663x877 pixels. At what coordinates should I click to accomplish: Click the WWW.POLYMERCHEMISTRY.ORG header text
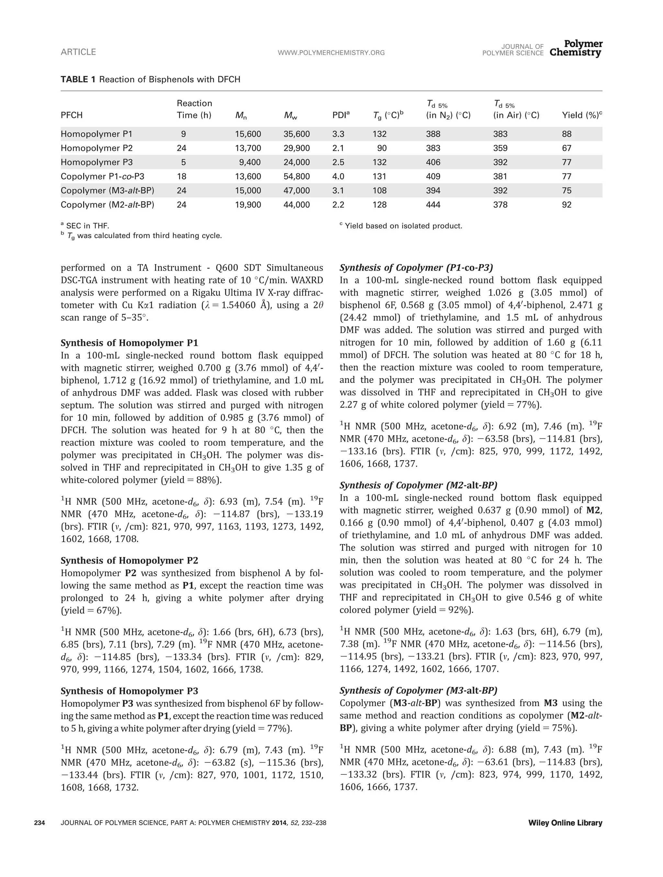[x=331, y=53]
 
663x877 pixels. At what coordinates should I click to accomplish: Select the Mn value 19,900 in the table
[x=248, y=205]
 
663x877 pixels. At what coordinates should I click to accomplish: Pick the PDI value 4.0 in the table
[x=338, y=176]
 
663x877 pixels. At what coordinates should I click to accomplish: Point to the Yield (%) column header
[x=582, y=116]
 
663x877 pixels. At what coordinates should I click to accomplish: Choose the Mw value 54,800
[x=297, y=176]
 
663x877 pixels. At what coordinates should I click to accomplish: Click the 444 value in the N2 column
[x=433, y=205]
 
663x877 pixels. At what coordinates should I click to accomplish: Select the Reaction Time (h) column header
[x=194, y=109]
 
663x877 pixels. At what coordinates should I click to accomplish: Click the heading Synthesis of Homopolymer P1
[x=129, y=343]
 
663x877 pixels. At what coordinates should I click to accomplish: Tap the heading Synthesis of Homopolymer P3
[x=129, y=691]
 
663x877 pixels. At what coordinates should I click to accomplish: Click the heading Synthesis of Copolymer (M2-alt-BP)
[x=418, y=485]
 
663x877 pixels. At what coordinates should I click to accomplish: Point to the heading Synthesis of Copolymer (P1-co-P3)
[x=416, y=268]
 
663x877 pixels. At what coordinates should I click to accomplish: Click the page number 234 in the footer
[x=39, y=823]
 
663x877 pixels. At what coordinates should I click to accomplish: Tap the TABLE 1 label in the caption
[x=78, y=79]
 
